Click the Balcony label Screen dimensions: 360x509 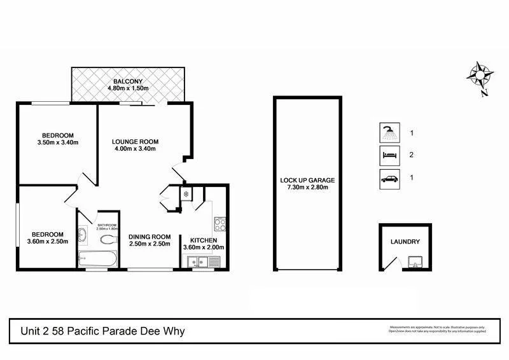[128, 81]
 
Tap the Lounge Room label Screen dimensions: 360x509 [135, 141]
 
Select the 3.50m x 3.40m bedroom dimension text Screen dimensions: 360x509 [58, 142]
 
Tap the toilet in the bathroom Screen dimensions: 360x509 [109, 240]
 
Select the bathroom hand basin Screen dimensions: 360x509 [83, 235]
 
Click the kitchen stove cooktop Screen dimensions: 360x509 [221, 224]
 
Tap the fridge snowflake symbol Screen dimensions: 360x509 [186, 193]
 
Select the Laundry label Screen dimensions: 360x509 [405, 242]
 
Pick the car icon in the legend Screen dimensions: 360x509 [389, 177]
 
